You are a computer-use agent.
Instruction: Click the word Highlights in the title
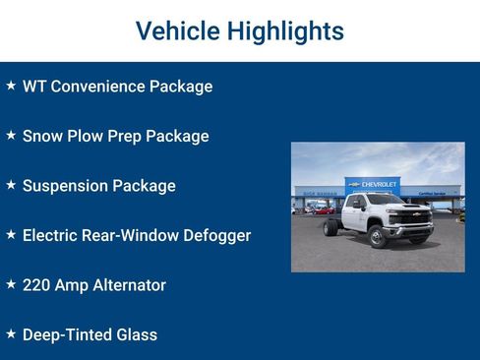(x=285, y=31)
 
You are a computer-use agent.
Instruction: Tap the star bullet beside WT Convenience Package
(x=11, y=86)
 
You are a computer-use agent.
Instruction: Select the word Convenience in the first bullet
(x=99, y=87)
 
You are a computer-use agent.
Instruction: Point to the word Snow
(x=41, y=136)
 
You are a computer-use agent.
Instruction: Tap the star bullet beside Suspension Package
(x=11, y=185)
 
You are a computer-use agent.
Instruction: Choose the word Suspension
(x=64, y=186)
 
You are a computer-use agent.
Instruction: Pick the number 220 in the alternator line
(x=36, y=285)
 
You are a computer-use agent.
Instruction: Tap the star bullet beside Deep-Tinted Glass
(x=11, y=334)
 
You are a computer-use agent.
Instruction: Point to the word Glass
(x=136, y=334)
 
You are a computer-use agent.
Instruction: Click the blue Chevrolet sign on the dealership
(x=373, y=184)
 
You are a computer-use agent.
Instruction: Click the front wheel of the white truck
(x=377, y=237)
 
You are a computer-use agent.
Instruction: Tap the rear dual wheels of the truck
(x=330, y=228)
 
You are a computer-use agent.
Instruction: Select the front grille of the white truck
(x=414, y=218)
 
